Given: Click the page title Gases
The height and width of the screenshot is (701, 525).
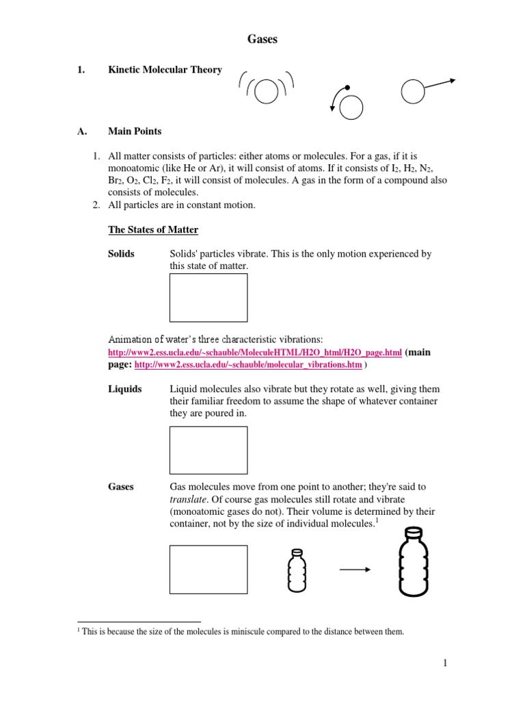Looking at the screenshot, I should pyautogui.click(x=262, y=40).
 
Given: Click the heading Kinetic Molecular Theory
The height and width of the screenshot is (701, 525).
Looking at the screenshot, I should pyautogui.click(x=165, y=70).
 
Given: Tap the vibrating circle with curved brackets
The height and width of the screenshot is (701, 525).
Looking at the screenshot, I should pyautogui.click(x=267, y=90).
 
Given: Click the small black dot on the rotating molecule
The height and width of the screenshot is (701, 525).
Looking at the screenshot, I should pyautogui.click(x=347, y=88).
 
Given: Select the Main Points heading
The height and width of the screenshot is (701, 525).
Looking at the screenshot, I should pyautogui.click(x=135, y=131).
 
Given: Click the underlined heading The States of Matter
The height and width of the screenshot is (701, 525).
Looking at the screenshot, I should pyautogui.click(x=153, y=229).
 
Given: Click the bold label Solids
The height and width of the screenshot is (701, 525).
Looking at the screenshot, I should pyautogui.click(x=122, y=254).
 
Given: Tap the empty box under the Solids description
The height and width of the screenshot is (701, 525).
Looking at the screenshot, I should pyautogui.click(x=208, y=298).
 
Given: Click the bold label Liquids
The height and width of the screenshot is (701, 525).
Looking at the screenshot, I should pyautogui.click(x=125, y=389).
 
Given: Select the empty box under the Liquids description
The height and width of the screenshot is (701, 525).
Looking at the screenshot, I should pyautogui.click(x=208, y=450).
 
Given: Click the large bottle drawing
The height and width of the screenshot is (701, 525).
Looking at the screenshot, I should pyautogui.click(x=412, y=562).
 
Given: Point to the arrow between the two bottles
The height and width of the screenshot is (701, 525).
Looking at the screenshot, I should pyautogui.click(x=354, y=570).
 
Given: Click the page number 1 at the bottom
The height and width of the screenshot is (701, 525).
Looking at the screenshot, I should pyautogui.click(x=444, y=663).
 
